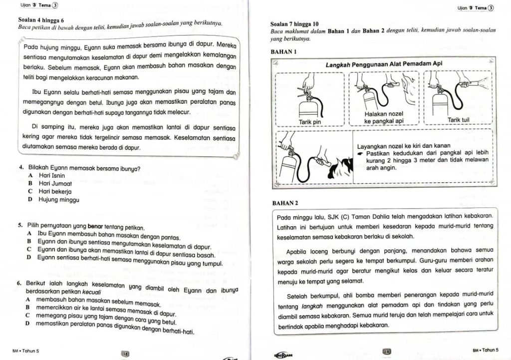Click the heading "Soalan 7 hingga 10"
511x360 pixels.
[294, 23]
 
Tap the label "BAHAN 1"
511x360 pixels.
[283, 51]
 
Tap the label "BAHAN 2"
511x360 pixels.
[284, 203]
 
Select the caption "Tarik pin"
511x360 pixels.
[309, 121]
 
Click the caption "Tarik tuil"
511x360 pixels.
[458, 120]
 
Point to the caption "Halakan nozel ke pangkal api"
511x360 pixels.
[384, 117]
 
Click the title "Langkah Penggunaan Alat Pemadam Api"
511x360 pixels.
[384, 64]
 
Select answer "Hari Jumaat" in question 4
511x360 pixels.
[54, 183]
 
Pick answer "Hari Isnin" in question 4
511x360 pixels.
[51, 176]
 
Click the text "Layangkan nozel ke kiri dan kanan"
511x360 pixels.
[400, 146]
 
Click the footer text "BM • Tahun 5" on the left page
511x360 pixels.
[23, 351]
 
